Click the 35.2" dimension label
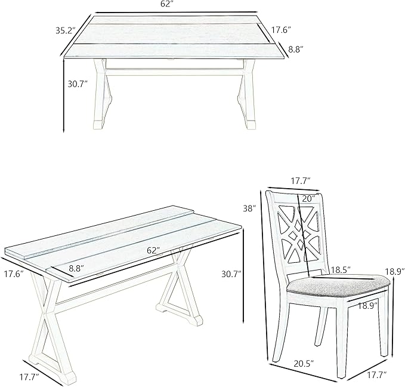66,30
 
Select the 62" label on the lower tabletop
153,250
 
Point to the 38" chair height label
250,208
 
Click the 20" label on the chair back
308,199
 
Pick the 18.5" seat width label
341,269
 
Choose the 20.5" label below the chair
304,364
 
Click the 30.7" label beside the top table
78,84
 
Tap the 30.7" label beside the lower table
231,274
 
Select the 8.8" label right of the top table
295,49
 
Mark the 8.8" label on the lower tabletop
76,268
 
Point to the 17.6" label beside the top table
282,30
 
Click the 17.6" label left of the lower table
14,274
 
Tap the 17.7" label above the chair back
301,181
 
